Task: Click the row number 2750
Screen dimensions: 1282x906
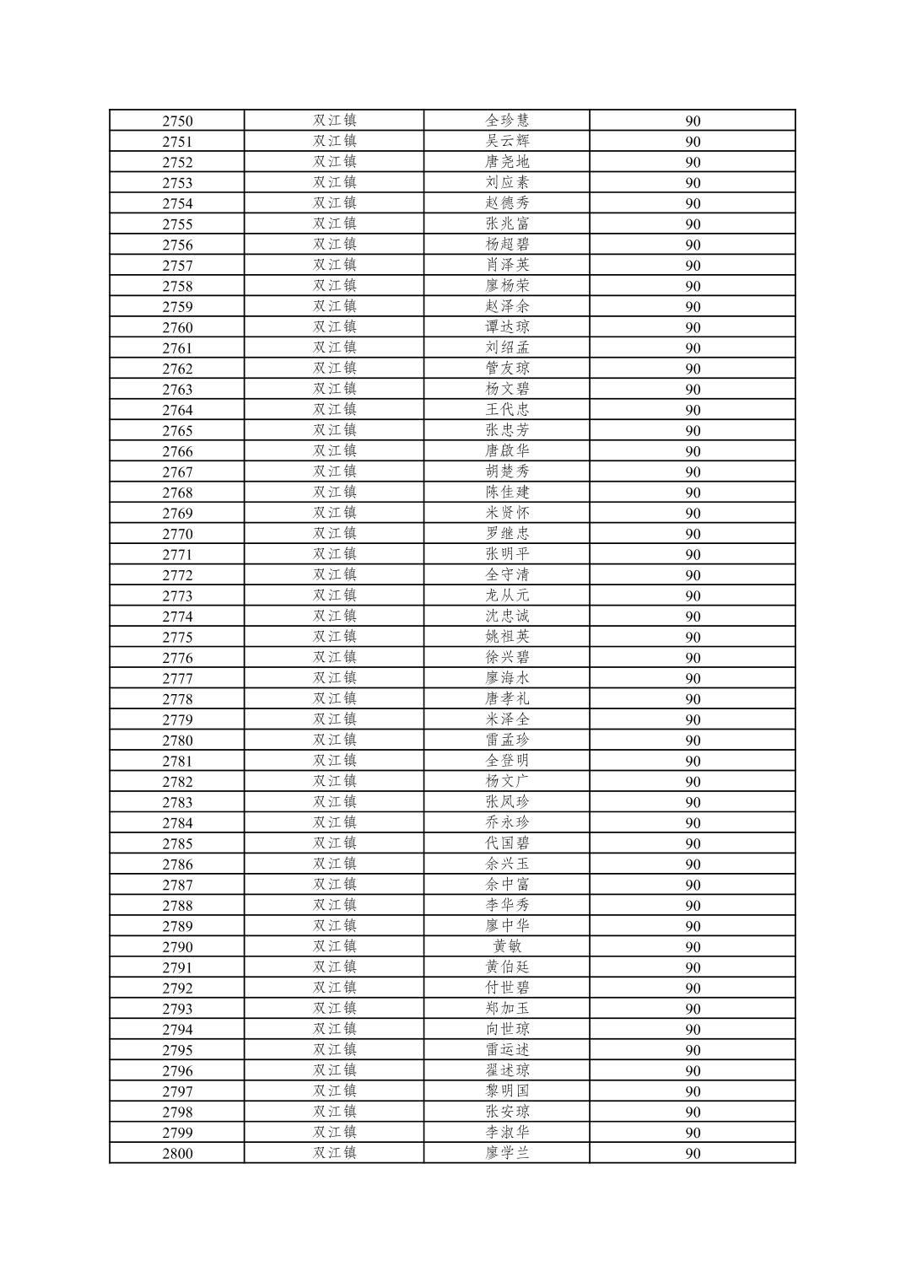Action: click(177, 121)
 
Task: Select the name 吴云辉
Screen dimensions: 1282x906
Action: click(507, 141)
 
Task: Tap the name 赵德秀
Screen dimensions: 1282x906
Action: click(507, 203)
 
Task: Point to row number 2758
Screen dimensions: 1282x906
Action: click(177, 286)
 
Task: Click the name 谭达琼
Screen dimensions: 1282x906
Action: click(507, 327)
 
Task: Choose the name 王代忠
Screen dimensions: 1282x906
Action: click(507, 410)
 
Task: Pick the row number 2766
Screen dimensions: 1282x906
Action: click(177, 451)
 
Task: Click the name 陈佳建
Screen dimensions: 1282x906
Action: click(507, 493)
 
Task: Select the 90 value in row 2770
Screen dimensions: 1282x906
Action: click(693, 534)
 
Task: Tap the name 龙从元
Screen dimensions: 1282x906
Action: click(507, 595)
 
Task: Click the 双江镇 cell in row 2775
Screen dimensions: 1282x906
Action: click(335, 637)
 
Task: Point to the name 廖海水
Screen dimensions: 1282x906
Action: click(507, 678)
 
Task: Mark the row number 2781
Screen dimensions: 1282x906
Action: click(177, 761)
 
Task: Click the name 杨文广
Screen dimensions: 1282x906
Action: click(507, 782)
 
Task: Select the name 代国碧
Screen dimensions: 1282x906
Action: click(507, 843)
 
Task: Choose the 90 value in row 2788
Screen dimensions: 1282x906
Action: click(693, 906)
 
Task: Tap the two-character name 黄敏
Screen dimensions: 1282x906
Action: click(507, 947)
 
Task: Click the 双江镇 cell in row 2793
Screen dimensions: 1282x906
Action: click(335, 1009)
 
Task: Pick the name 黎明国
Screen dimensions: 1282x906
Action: click(507, 1091)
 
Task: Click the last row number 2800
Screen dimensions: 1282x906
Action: click(177, 1154)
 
